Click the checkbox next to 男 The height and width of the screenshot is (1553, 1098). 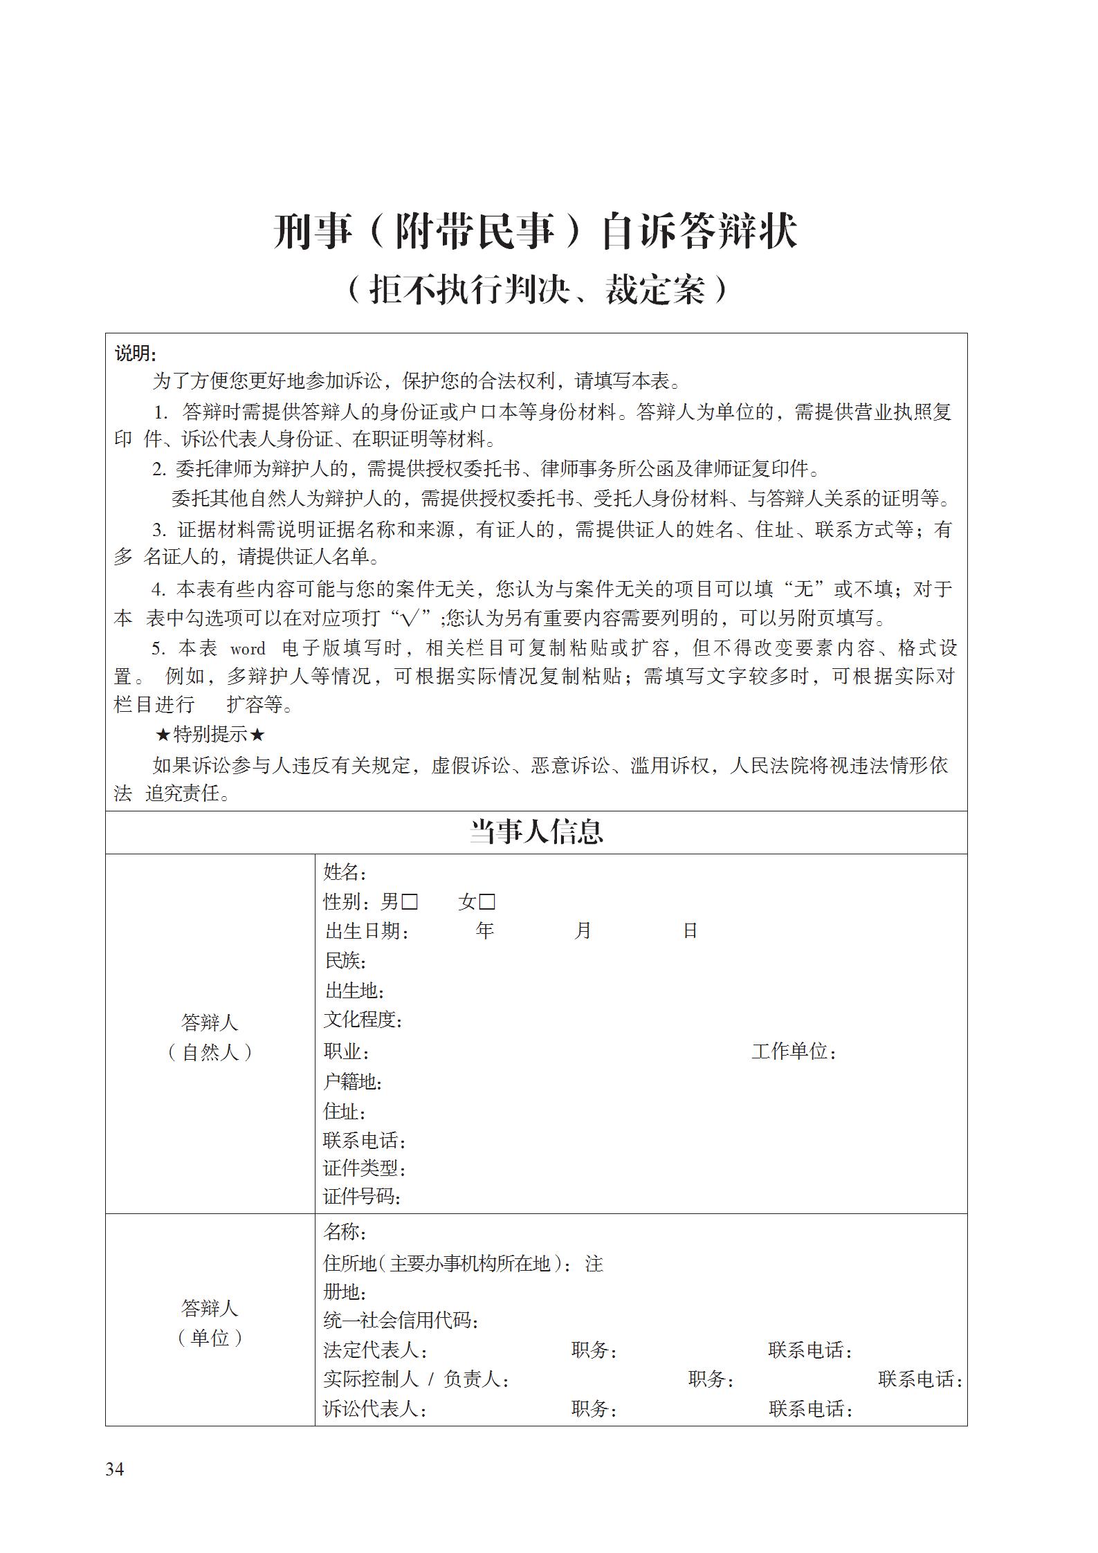[410, 902]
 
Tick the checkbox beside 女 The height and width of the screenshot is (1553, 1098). [487, 902]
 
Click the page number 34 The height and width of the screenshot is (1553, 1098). [115, 1469]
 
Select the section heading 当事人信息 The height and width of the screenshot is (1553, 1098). [536, 831]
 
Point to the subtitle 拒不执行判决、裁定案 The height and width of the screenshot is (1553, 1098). [536, 291]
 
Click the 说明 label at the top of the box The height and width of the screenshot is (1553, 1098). [136, 353]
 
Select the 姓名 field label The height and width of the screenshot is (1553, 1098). [345, 872]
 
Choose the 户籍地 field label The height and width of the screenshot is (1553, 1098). [352, 1082]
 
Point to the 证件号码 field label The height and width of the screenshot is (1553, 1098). [362, 1196]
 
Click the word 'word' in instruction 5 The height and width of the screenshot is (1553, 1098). [248, 649]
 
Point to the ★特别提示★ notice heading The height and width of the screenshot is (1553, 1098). [210, 735]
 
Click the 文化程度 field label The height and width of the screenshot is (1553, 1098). [363, 1019]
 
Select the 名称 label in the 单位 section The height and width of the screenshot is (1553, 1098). [345, 1232]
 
